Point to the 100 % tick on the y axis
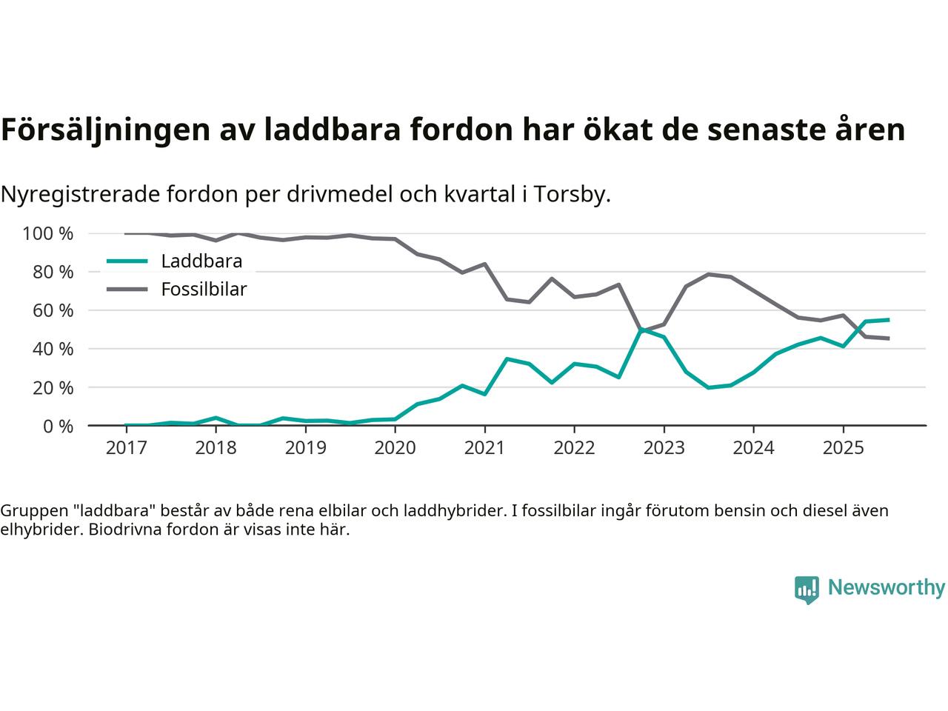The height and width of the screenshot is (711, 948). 48,234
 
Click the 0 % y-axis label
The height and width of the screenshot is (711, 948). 59,426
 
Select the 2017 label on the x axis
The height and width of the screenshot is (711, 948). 126,448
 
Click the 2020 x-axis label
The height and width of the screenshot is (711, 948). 395,448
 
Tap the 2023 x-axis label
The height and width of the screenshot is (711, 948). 664,448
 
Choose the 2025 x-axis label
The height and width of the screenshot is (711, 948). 843,448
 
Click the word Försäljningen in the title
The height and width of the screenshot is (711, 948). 105,130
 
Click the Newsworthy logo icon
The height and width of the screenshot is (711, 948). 807,590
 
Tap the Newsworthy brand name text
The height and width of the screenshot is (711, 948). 886,587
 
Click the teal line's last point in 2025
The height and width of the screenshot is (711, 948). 888,320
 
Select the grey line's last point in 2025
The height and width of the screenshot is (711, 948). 888,338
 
